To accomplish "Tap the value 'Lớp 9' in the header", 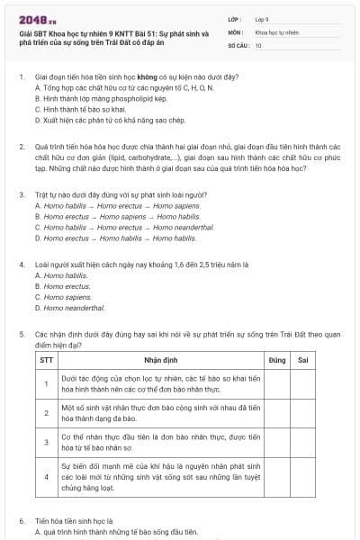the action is [262, 18].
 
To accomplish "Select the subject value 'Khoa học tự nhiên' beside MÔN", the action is [275, 31].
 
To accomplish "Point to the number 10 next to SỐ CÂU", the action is [258, 44].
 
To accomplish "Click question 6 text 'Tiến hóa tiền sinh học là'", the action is [74, 521].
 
